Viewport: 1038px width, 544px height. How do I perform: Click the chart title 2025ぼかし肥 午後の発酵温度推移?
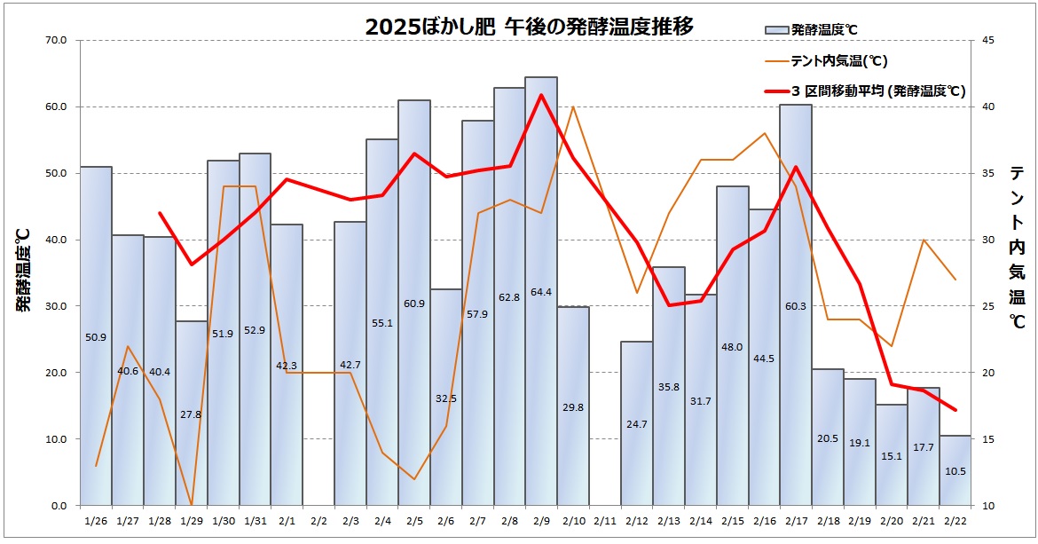(x=529, y=28)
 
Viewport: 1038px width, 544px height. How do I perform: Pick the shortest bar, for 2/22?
(x=955, y=470)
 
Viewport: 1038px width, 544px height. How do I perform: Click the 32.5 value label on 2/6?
(x=446, y=398)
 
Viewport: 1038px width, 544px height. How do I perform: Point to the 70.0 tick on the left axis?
(x=57, y=41)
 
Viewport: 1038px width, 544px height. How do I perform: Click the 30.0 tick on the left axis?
(x=57, y=306)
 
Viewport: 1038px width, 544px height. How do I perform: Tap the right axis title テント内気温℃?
(x=1017, y=248)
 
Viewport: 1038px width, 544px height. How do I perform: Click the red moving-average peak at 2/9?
(x=541, y=95)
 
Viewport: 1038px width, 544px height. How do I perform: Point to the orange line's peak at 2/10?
(x=573, y=106)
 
